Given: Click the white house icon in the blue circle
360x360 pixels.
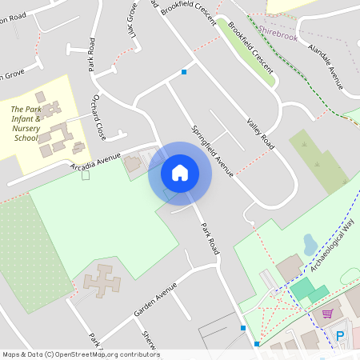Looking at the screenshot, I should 180,172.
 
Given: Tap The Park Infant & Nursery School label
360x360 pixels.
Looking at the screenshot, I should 26,123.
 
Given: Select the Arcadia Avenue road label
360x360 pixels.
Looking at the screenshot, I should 95,158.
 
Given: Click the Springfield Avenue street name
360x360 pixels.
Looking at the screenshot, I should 212,150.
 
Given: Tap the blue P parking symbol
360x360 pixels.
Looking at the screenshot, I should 341,337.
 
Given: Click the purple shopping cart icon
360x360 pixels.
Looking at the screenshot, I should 327,313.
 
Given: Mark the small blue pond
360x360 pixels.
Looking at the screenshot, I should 310,244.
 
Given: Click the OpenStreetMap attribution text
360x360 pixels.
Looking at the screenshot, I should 80,354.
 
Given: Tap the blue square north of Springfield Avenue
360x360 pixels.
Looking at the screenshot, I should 185,73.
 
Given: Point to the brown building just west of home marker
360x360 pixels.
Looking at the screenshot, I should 133,163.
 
